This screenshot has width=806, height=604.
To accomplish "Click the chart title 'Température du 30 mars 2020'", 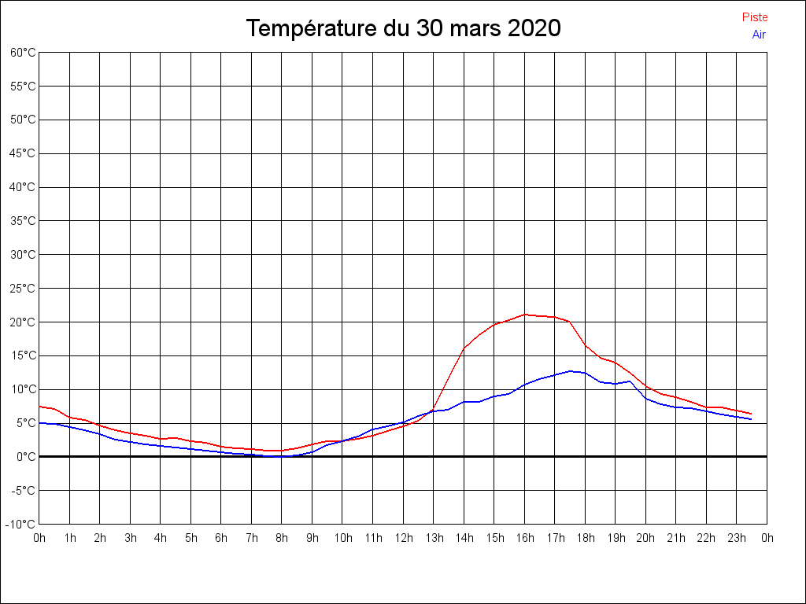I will [x=403, y=28].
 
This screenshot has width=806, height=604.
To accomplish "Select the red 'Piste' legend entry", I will [x=754, y=17].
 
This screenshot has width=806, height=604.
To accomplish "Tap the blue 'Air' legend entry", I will [x=759, y=35].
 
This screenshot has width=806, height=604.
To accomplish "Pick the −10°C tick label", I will [x=22, y=525].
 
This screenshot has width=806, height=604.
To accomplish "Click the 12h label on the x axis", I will [x=403, y=539].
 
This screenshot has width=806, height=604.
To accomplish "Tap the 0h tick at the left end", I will [x=39, y=539].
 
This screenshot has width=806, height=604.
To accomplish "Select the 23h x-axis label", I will [x=737, y=539].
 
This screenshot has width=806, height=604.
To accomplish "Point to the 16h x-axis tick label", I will [x=524, y=539].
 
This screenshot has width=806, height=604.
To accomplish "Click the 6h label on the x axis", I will [x=221, y=539].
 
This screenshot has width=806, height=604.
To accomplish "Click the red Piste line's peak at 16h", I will [x=524, y=315].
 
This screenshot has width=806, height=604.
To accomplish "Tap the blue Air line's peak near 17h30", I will [x=570, y=371].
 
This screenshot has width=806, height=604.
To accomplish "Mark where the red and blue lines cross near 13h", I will [x=431, y=411].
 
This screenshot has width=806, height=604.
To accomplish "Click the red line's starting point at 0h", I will [x=40, y=407].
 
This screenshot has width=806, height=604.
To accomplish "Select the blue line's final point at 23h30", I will [x=751, y=419].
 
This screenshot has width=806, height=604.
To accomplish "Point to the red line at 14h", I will [x=464, y=348].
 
